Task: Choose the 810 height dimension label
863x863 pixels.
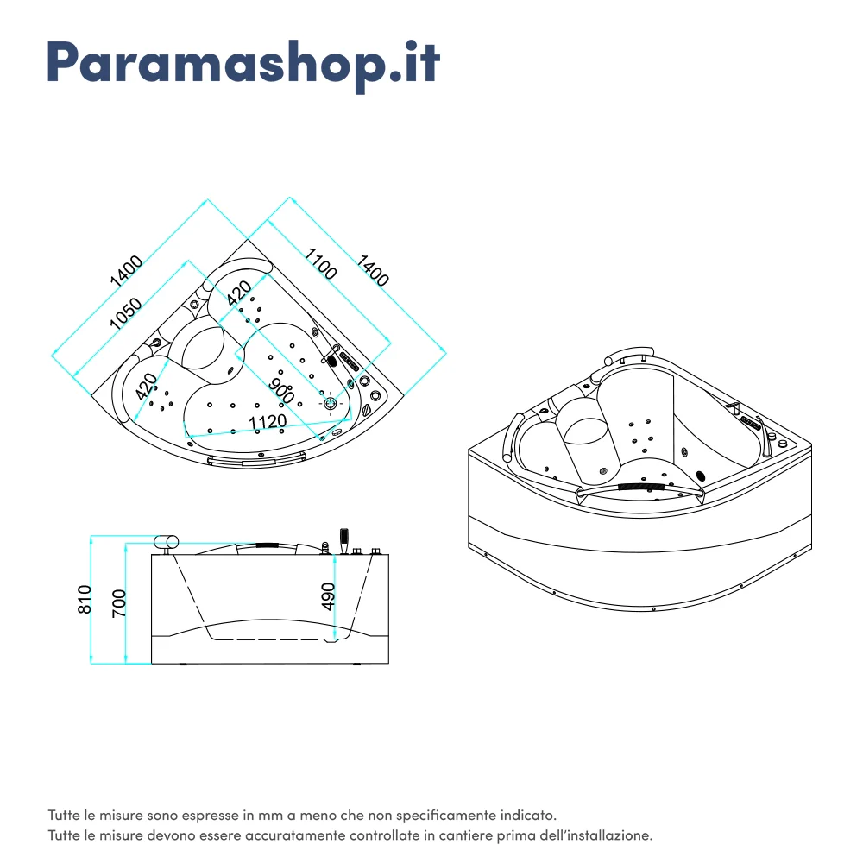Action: (x=84, y=599)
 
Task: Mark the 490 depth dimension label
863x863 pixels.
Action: (x=328, y=596)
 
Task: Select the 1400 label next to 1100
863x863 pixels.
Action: (x=373, y=270)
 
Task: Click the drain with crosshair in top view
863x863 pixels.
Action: (x=331, y=402)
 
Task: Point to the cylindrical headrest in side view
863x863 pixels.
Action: (x=166, y=541)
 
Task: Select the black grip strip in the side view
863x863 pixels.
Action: (x=267, y=545)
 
